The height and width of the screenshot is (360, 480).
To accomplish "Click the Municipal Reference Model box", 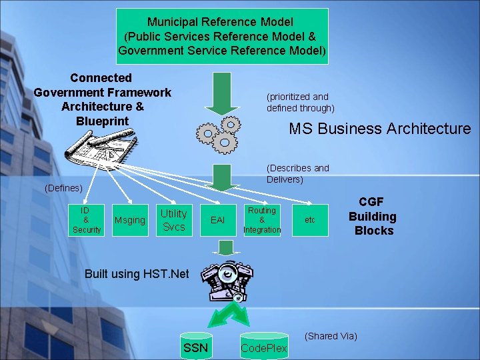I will pos(223,36).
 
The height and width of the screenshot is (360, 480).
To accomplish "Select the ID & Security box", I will pos(87,219).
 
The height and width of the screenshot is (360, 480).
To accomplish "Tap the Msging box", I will pos(130,220).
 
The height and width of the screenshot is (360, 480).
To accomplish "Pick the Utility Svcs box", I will pos(173,219).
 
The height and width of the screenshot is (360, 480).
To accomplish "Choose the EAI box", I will pos(217,219).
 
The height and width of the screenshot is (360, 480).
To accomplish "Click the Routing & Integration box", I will pos(262,219).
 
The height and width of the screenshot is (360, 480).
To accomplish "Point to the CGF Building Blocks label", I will pos(373,216).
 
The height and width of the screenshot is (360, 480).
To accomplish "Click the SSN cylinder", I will pos(196,346).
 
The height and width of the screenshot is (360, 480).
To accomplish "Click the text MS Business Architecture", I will pos(379,129).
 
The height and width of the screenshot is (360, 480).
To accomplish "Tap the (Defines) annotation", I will pos(63,189).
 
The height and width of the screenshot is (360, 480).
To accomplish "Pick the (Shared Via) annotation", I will pos(331,336).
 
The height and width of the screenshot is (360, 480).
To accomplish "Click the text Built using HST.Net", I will pos(137,273).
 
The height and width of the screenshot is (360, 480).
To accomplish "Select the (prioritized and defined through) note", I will pos(301,102).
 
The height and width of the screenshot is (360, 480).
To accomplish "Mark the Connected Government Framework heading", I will pos(102,99).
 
